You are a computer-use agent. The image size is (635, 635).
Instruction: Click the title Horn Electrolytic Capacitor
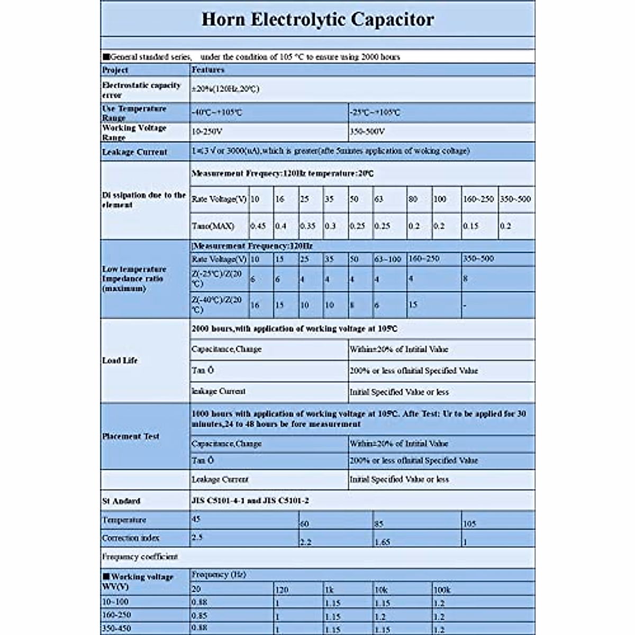[x=317, y=20]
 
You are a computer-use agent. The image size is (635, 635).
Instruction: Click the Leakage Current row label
[x=134, y=152]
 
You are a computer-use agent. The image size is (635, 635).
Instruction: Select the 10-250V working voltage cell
[x=206, y=131]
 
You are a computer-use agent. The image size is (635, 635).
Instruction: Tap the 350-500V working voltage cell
[x=367, y=131]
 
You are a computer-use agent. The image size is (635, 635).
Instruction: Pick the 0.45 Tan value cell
[x=258, y=226]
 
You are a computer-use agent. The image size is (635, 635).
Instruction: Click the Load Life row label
[x=120, y=360]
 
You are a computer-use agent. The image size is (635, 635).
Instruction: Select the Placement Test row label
[x=130, y=437]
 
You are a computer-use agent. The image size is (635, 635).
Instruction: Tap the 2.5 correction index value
[x=196, y=537]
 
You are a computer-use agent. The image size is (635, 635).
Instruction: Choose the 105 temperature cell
[x=469, y=524]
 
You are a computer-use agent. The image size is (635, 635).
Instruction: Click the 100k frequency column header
[x=442, y=589]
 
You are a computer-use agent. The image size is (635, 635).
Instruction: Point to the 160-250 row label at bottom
[x=116, y=615]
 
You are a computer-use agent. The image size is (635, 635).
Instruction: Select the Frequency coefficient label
[x=140, y=557]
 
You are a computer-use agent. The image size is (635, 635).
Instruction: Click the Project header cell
[x=115, y=70]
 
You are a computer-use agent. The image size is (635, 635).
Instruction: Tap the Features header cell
[x=208, y=70]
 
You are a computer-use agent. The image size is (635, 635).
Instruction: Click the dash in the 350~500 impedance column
[x=465, y=305]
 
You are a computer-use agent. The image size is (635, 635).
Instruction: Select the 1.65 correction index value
[x=383, y=542]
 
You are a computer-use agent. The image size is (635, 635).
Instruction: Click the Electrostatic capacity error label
[x=141, y=90]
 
